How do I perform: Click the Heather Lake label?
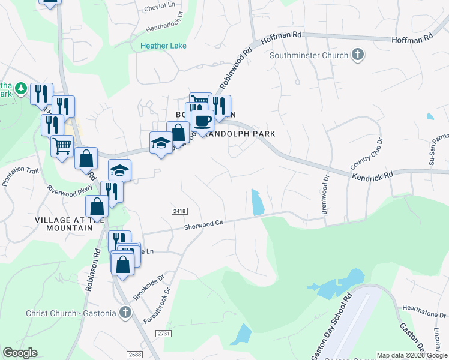point(163,46)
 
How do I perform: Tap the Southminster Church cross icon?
point(358,56)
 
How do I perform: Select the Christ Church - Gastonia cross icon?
point(125,313)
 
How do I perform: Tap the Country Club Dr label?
point(367,153)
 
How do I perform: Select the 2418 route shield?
point(179,211)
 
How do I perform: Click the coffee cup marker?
point(203,121)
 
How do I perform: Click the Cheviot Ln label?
point(160,8)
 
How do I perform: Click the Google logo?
point(20,353)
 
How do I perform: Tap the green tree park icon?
point(21,89)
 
